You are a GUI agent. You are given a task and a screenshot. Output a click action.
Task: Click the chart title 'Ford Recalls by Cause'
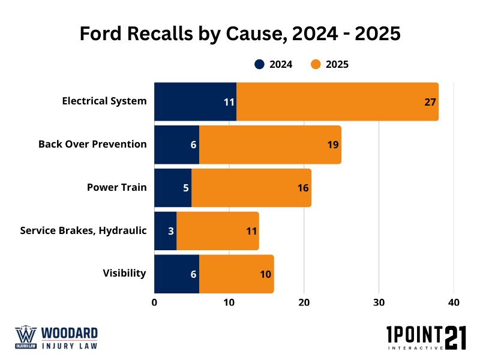tap(240, 34)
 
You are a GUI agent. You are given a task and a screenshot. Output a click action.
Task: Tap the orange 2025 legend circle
tap(316, 65)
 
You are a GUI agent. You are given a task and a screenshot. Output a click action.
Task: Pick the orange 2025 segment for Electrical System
tap(336, 101)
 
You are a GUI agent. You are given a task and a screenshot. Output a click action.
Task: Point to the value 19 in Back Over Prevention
tap(333, 145)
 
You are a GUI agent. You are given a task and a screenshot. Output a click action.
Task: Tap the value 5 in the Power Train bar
tap(186, 188)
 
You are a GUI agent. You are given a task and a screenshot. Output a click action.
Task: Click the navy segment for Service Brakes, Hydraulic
tap(165, 231)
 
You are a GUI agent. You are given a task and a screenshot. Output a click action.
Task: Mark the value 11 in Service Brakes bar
tap(252, 231)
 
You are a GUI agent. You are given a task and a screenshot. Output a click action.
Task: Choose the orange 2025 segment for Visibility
tap(236, 274)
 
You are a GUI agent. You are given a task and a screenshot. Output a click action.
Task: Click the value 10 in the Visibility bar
tap(265, 274)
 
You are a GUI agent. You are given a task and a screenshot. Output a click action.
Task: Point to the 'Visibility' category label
tap(124, 274)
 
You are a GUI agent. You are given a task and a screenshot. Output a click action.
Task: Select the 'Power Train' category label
tap(116, 187)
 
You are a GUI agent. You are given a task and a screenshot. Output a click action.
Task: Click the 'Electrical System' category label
tap(104, 101)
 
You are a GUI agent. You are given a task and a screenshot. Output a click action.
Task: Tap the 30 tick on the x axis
tap(379, 303)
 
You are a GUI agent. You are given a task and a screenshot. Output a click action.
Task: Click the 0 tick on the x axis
tap(154, 303)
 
